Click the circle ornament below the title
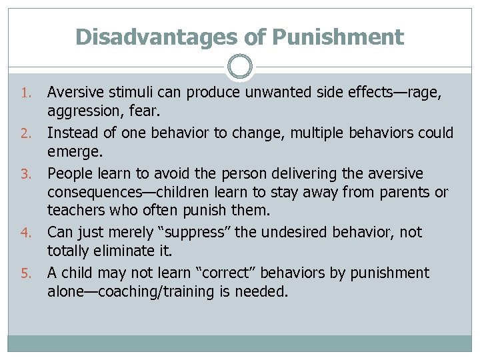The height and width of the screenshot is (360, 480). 240,67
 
